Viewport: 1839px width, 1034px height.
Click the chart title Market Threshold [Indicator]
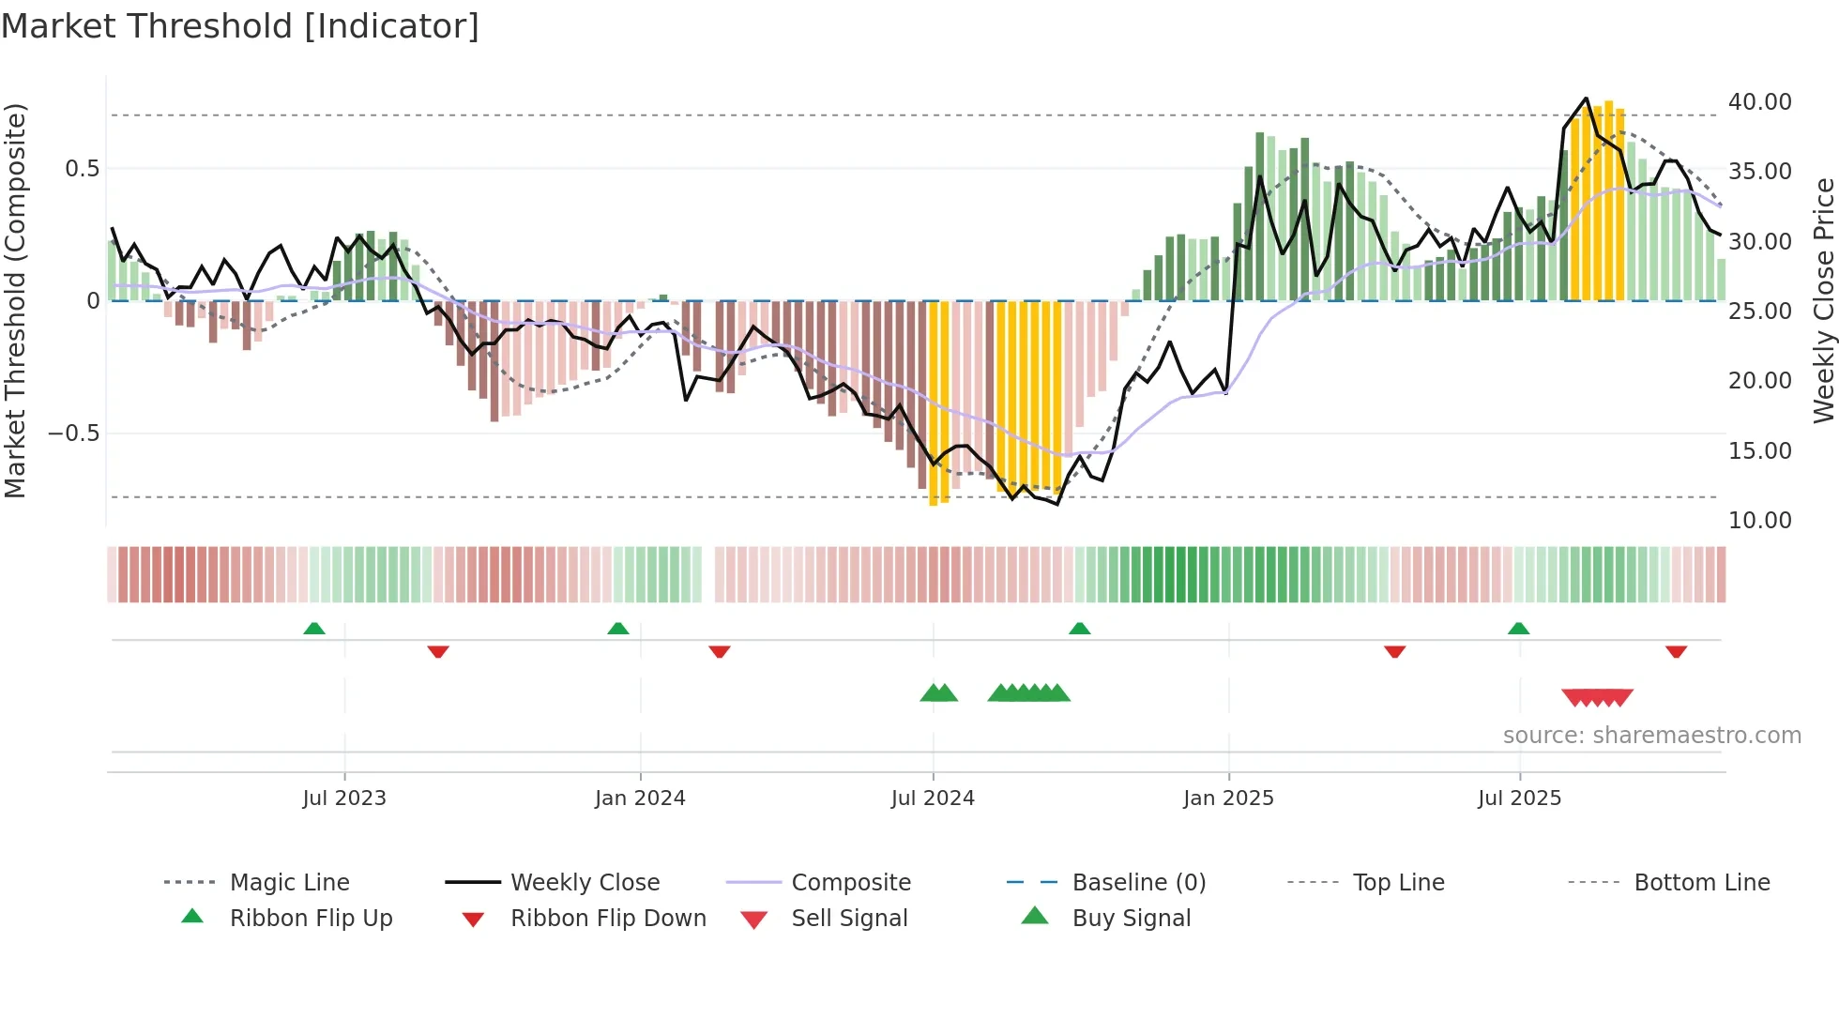(240, 26)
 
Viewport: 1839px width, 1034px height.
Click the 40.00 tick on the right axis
(1759, 101)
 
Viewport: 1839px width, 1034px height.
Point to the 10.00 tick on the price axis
(1759, 520)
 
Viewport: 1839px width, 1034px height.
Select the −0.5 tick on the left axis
(73, 433)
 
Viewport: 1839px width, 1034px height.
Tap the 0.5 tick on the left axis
(82, 169)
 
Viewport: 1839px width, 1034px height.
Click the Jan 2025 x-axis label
(1228, 798)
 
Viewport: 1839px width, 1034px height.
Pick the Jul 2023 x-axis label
(344, 798)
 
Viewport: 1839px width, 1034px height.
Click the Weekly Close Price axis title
(1823, 300)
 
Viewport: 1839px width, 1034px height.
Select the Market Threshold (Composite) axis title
(15, 300)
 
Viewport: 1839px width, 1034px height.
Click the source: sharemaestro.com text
(1651, 736)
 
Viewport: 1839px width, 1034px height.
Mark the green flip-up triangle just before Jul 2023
(314, 629)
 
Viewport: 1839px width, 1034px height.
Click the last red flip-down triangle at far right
(1677, 651)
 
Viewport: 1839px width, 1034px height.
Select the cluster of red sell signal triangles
(1597, 697)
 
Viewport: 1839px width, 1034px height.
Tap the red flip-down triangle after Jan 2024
(720, 651)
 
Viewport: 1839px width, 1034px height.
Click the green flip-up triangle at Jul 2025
(1518, 629)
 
